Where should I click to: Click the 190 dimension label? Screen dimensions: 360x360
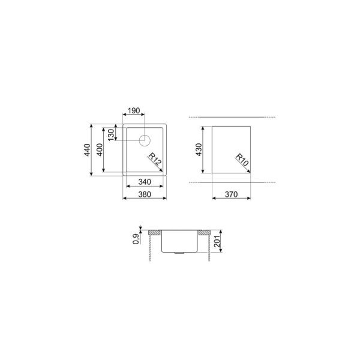coord(134,110)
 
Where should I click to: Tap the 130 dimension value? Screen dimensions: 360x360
coord(110,135)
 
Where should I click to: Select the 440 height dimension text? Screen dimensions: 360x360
coord(87,150)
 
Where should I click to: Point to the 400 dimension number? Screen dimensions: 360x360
coord(100,149)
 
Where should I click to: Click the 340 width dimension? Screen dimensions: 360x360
coord(145,182)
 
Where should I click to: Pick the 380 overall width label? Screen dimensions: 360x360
coord(145,194)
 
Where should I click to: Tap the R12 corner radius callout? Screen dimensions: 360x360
coord(155,159)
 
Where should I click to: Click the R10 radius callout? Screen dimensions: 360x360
coord(242,160)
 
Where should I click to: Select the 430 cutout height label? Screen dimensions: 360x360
coord(199,149)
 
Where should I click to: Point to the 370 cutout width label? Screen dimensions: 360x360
coord(231,194)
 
